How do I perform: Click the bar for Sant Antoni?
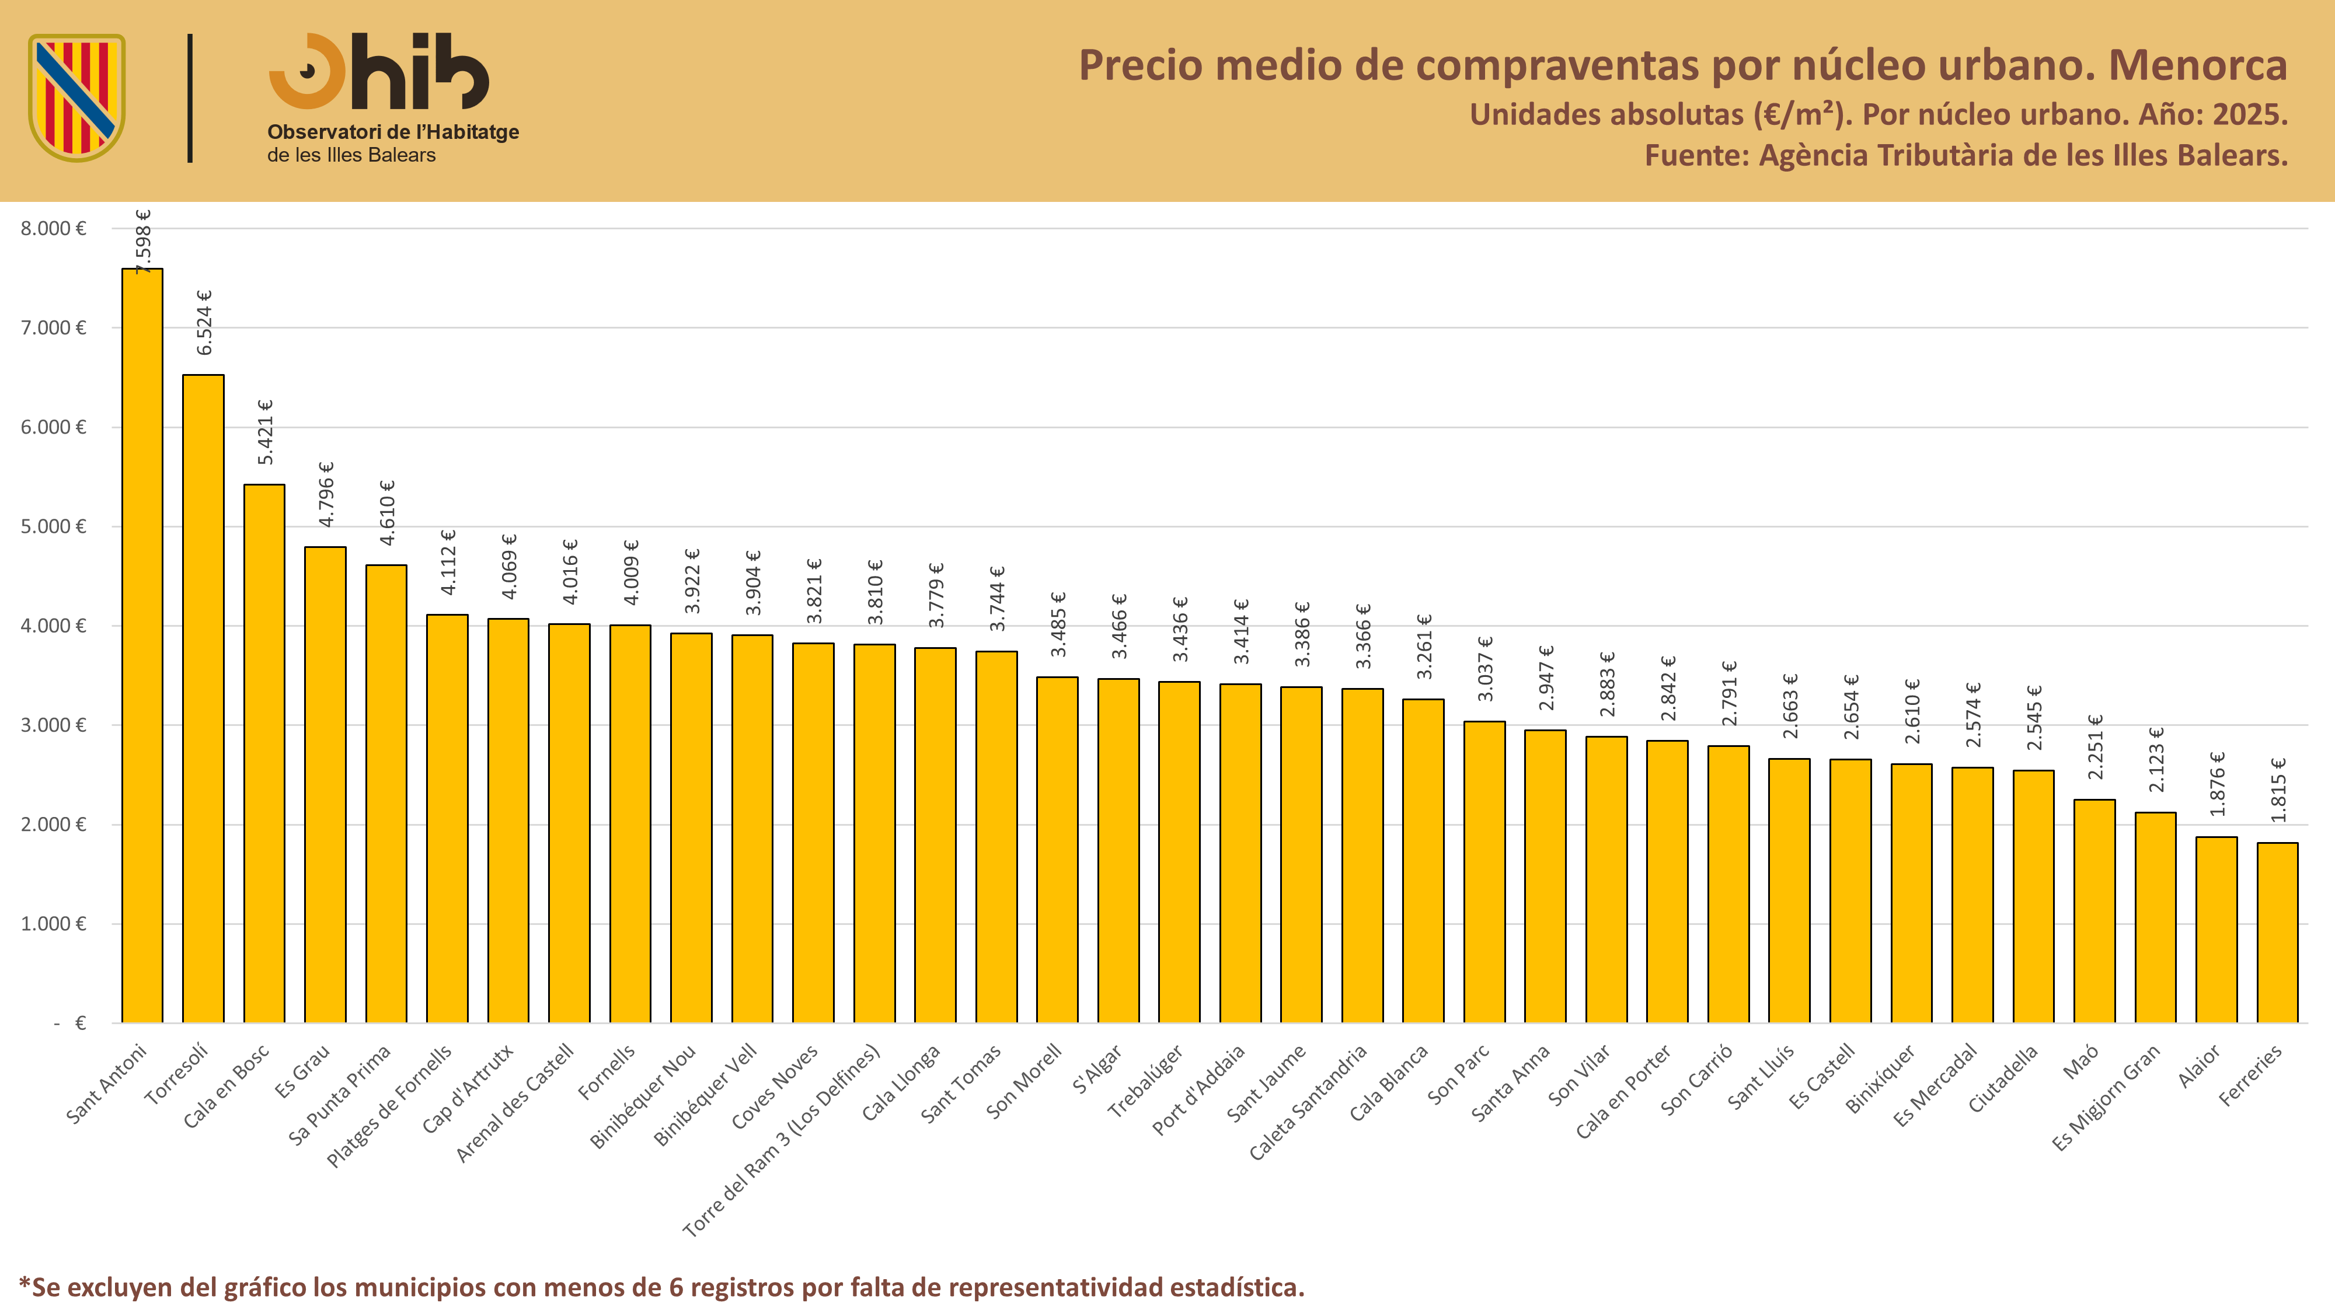point(142,645)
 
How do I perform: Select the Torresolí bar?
point(203,699)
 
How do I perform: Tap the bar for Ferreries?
point(2277,933)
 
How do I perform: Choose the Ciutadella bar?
point(2033,896)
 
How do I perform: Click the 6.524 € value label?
point(205,323)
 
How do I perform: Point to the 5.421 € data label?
point(266,432)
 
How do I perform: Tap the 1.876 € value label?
point(2216,784)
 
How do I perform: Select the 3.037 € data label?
point(1484,669)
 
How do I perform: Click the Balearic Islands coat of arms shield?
point(77,98)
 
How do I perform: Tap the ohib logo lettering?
point(379,72)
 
